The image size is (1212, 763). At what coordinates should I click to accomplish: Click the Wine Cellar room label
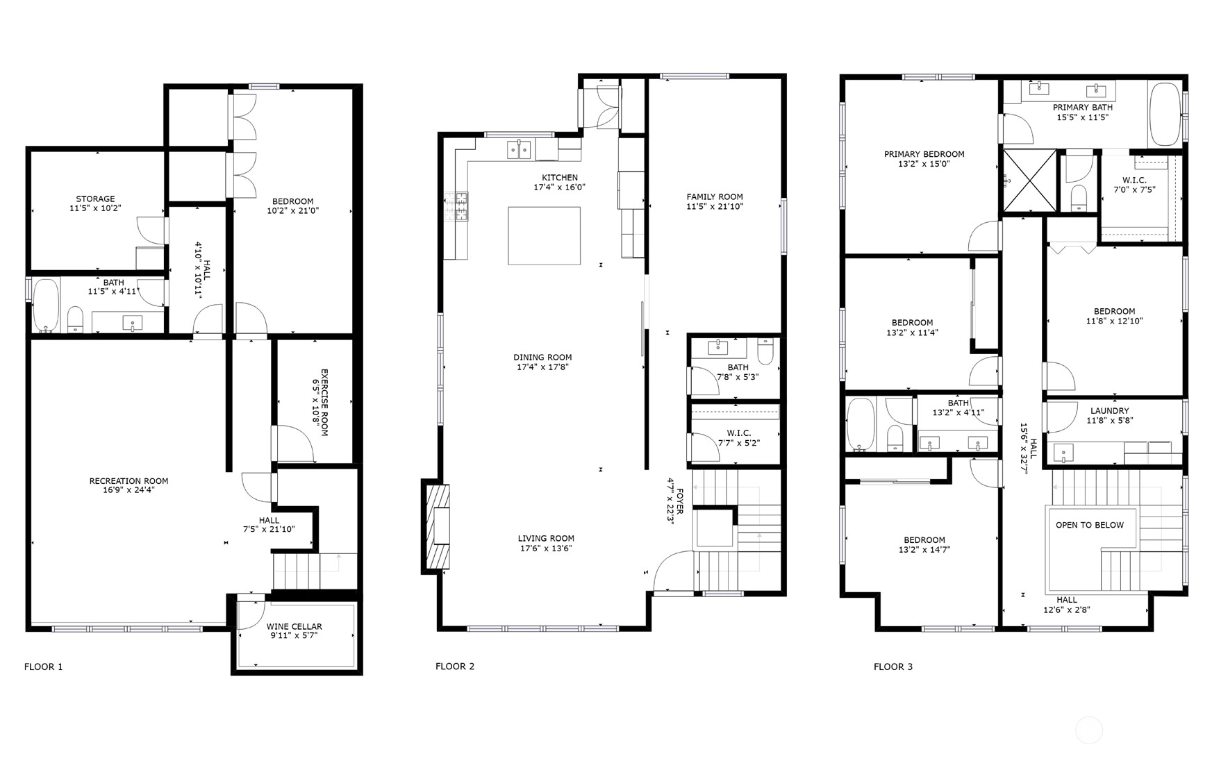294,626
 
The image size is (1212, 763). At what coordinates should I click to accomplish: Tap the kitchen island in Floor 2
544,235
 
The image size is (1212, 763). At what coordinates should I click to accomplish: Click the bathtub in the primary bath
1165,114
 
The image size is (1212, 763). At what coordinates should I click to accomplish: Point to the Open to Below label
1089,525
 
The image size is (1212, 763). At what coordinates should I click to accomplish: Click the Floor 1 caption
43,666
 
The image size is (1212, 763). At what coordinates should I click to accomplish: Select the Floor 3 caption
893,666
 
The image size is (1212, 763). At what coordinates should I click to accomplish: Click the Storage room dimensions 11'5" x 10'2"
95,208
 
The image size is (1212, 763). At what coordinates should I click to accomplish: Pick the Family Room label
715,196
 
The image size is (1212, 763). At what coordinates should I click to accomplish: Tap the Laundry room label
1110,411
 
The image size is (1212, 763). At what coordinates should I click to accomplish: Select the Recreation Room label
128,480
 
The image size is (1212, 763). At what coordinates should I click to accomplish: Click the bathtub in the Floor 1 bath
47,305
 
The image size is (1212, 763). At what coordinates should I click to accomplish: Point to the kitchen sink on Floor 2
520,150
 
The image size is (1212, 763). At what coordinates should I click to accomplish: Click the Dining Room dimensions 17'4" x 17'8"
542,367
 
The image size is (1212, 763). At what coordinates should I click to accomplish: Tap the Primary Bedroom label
924,154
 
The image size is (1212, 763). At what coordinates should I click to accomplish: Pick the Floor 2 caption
455,666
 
